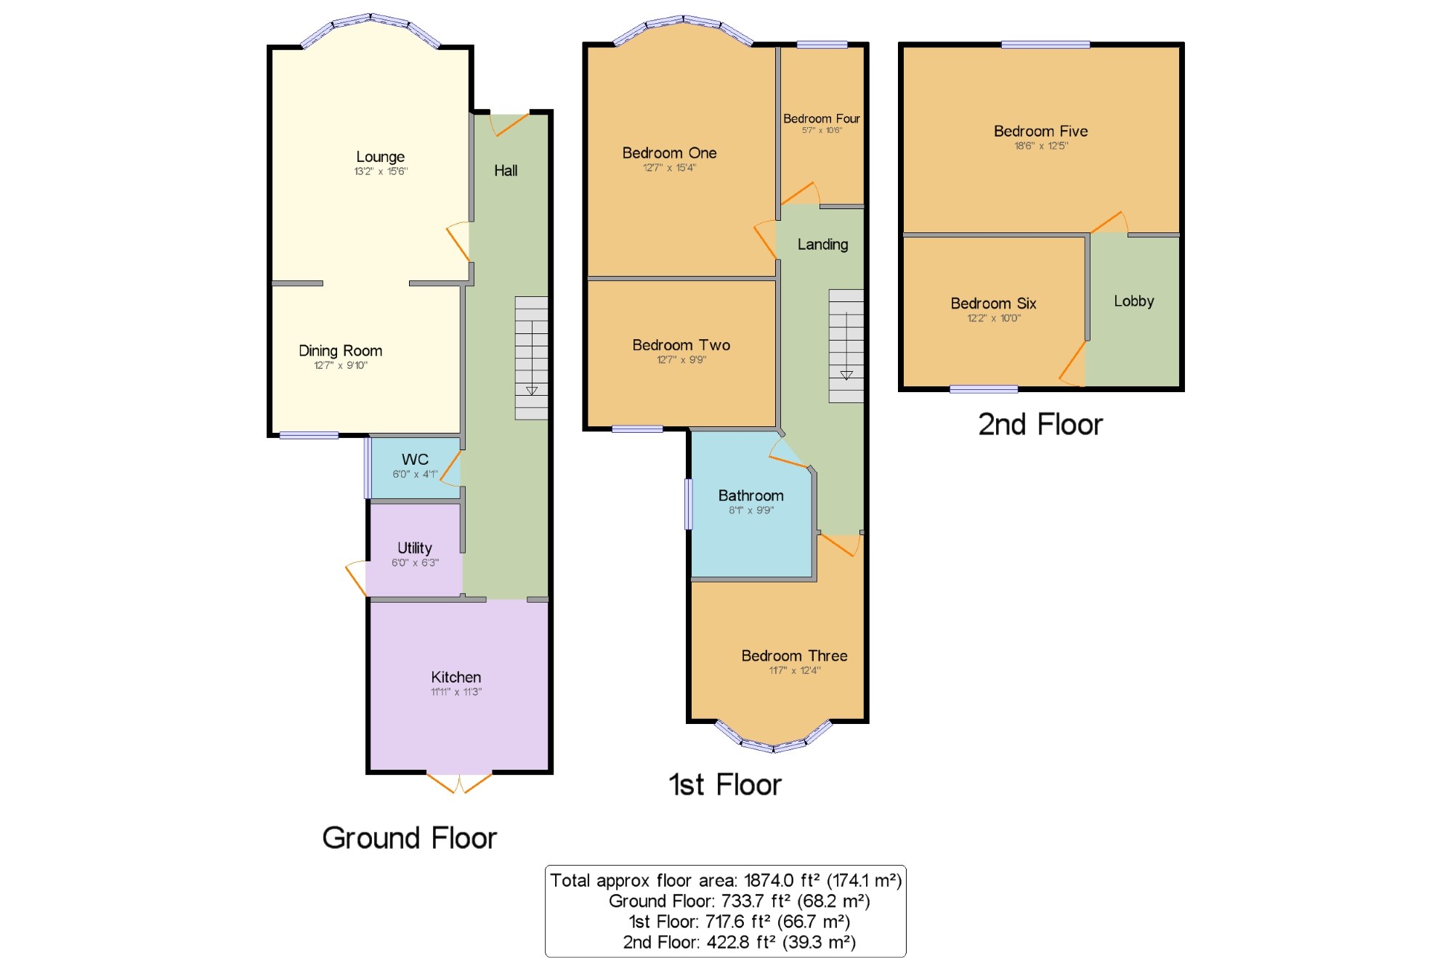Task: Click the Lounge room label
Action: click(380, 157)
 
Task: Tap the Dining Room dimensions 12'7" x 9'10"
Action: click(341, 365)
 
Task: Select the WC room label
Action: click(415, 459)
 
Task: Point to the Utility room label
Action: click(415, 548)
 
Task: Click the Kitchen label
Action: click(456, 677)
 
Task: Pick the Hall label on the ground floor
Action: click(506, 171)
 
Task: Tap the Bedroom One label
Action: click(669, 153)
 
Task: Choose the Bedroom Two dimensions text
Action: click(681, 359)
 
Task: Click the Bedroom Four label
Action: click(822, 118)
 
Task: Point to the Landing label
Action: click(822, 245)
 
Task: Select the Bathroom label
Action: click(751, 495)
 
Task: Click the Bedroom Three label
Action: click(794, 656)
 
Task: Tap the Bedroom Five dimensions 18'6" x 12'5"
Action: click(1041, 146)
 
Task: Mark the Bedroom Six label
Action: click(993, 304)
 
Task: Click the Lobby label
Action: click(1134, 301)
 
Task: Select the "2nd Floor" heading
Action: click(1040, 425)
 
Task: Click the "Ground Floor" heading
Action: click(409, 838)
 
